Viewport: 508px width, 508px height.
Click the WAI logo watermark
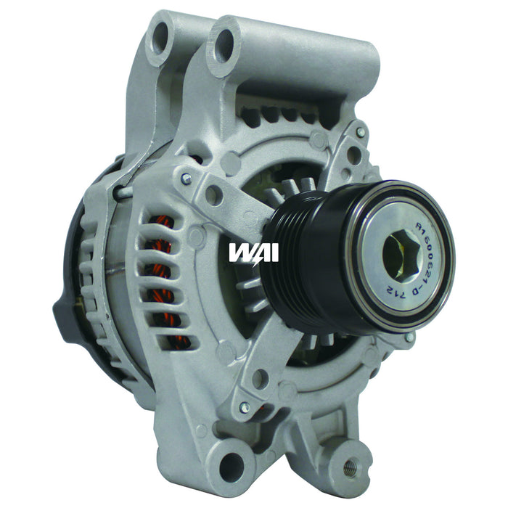tap(253, 252)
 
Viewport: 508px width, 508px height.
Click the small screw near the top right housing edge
tap(361, 133)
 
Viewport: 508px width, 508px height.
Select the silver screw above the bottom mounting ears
tap(245, 408)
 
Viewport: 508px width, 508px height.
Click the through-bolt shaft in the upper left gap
tap(125, 191)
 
